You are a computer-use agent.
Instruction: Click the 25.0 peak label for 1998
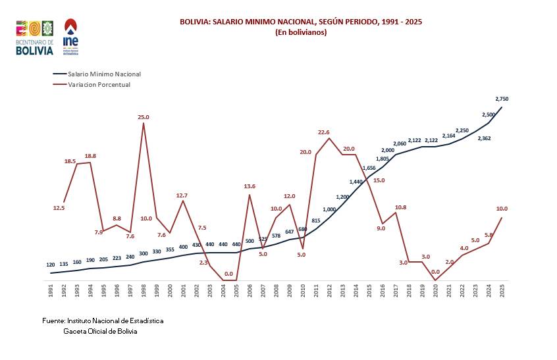tap(144, 117)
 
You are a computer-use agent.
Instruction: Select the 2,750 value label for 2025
tap(502, 99)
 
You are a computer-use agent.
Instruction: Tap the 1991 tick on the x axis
tap(51, 290)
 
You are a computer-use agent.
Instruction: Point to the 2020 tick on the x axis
tap(435, 290)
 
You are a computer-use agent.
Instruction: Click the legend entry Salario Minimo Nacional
tap(104, 74)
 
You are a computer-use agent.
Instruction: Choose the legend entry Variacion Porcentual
tap(99, 84)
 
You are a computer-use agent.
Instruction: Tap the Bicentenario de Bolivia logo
tap(34, 38)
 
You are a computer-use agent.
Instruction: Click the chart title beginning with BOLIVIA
tap(301, 22)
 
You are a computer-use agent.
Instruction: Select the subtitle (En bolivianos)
tap(301, 32)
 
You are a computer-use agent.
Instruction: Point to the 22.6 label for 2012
tap(323, 132)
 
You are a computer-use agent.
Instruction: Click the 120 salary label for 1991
tap(51, 265)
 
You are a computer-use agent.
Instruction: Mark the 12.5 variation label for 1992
tap(59, 208)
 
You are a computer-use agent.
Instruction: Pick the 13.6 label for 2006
tap(250, 186)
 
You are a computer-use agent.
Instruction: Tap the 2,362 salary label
tap(484, 138)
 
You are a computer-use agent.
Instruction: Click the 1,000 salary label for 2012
tap(329, 209)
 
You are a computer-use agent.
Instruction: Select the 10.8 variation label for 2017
tap(400, 207)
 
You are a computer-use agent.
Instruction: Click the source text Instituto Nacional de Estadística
tap(103, 321)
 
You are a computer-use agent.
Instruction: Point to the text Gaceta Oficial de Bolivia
tap(100, 331)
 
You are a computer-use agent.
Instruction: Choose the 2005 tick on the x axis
tap(236, 290)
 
